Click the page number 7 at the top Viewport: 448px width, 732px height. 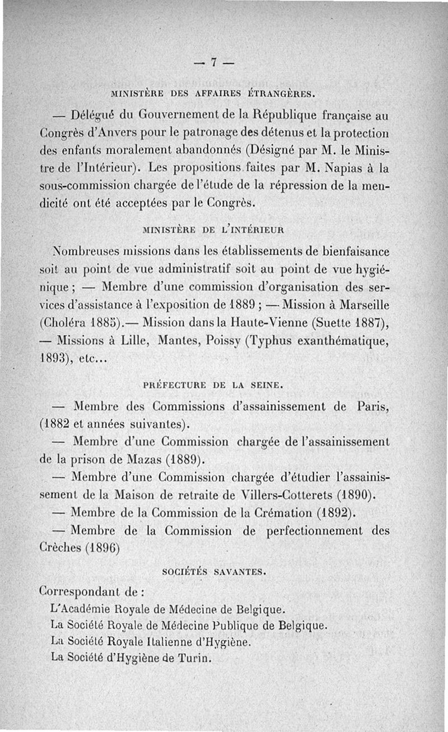pos(214,63)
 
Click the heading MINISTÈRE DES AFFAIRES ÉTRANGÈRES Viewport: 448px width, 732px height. pos(214,93)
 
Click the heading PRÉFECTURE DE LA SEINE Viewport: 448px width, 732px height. pos(214,385)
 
